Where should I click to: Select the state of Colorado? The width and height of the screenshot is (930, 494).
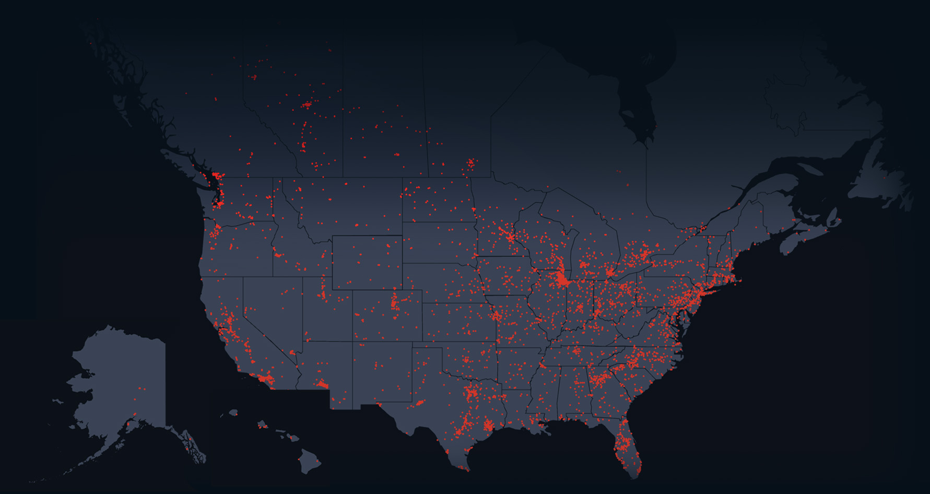pos(387,315)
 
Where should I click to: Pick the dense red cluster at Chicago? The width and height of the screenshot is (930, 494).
pos(562,280)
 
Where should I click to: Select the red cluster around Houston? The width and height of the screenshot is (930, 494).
pos(489,425)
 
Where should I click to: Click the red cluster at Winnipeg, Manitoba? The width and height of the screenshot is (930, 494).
pos(470,164)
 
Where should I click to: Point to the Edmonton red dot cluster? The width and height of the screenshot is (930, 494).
pos(307,105)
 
